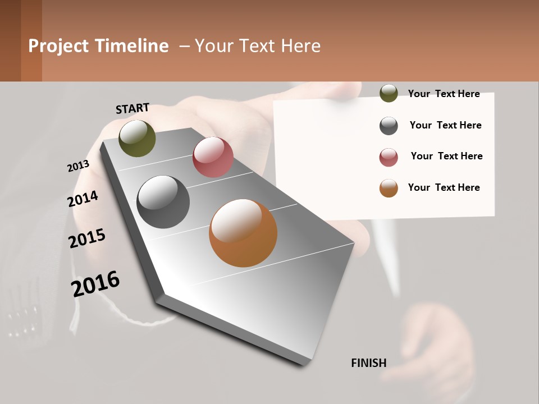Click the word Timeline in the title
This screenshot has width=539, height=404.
(x=132, y=46)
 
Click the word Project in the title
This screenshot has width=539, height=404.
(x=58, y=46)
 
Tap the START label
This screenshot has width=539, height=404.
(x=133, y=108)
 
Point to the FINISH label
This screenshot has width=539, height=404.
(x=369, y=363)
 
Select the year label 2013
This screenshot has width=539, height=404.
(x=78, y=166)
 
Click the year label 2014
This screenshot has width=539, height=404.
(x=83, y=199)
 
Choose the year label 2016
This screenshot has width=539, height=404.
(x=95, y=283)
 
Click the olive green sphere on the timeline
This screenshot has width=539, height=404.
(x=137, y=138)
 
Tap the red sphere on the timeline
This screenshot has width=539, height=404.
(x=213, y=157)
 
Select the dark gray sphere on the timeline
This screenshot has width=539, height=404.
(x=163, y=202)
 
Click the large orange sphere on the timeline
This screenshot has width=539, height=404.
(x=243, y=233)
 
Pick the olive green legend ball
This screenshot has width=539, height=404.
(x=389, y=93)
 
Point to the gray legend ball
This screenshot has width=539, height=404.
(x=389, y=126)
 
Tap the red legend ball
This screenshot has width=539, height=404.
(x=389, y=157)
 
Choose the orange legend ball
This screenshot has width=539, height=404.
(x=389, y=188)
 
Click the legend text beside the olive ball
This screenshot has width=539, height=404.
(x=444, y=94)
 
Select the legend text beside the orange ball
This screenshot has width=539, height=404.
(x=444, y=187)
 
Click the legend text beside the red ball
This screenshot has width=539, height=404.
(x=446, y=156)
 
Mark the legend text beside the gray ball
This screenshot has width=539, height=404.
(x=445, y=125)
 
